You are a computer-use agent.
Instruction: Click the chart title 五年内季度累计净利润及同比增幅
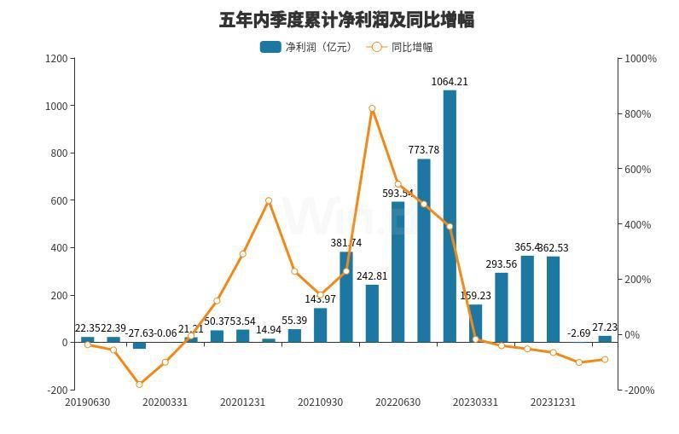346,20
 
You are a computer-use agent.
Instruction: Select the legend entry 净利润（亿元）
305,47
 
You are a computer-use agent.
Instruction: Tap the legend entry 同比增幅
400,47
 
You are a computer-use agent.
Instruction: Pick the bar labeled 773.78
423,251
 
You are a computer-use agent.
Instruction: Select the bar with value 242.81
372,313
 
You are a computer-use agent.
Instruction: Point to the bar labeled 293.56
501,307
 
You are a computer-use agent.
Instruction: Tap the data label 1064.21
450,82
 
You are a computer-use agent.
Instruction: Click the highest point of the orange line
372,108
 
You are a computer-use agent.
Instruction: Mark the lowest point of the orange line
139,385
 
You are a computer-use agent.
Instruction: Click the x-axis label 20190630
87,402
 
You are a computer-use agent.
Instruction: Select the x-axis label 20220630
398,402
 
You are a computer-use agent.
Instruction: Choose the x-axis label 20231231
553,402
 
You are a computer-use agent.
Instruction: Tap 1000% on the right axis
641,59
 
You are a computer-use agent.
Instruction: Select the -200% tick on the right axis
641,390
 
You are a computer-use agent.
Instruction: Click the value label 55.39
294,321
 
